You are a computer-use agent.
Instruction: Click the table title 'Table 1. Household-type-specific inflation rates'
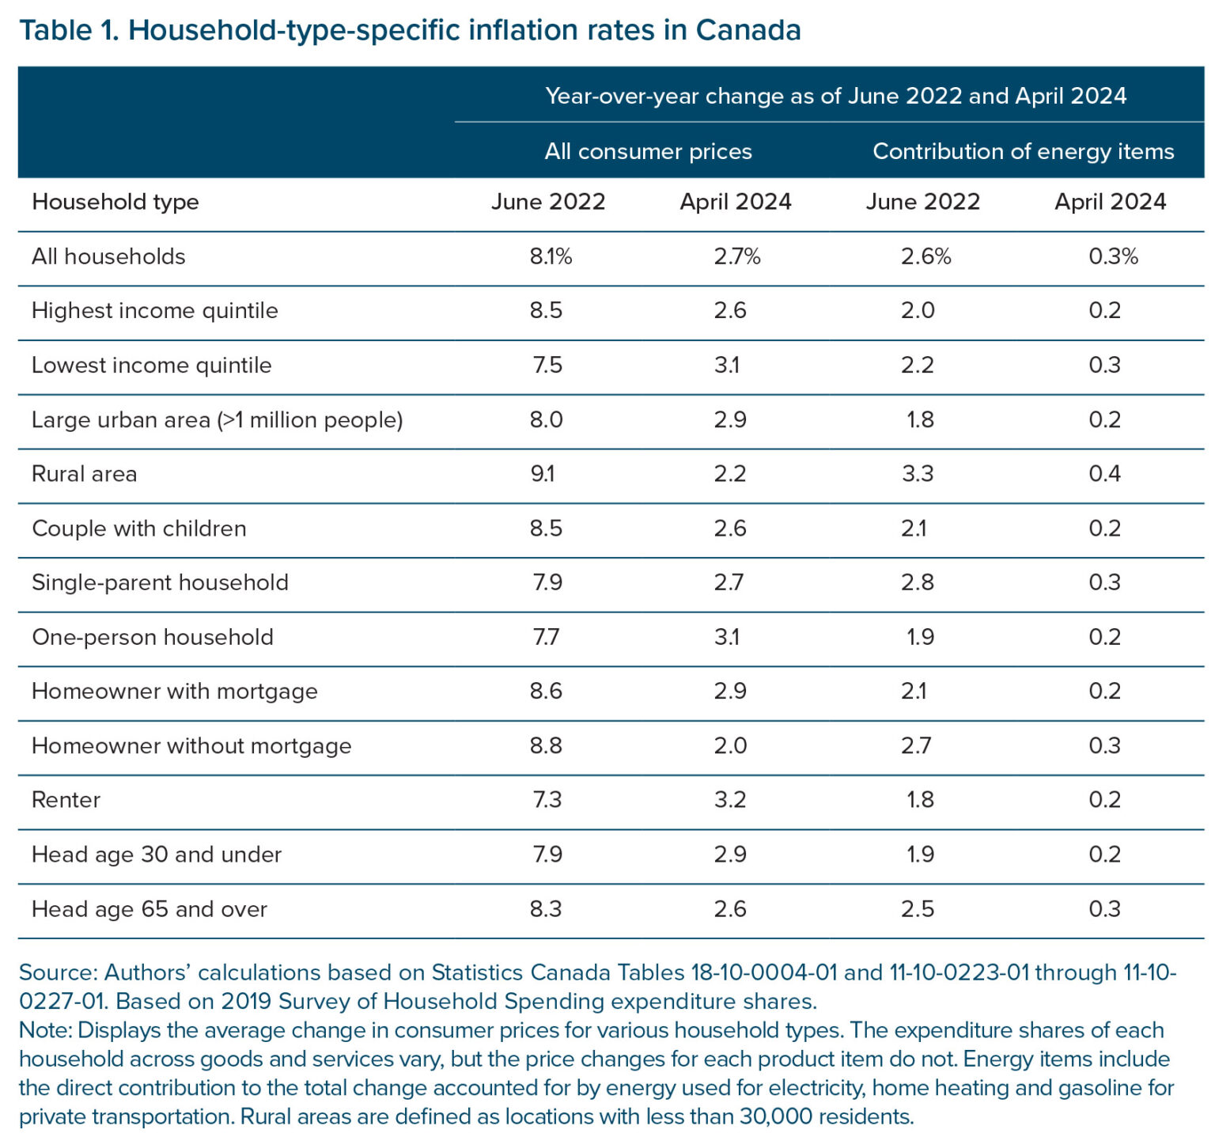pyautogui.click(x=410, y=30)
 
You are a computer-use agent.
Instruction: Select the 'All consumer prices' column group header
pyautogui.click(x=648, y=151)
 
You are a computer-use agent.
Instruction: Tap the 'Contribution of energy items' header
pyautogui.click(x=1023, y=151)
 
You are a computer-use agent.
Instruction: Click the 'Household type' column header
pyautogui.click(x=115, y=202)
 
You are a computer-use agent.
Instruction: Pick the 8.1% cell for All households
pyautogui.click(x=551, y=256)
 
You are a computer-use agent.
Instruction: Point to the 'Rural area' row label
pyautogui.click(x=85, y=474)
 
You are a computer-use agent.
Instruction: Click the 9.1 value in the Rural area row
pyautogui.click(x=543, y=474)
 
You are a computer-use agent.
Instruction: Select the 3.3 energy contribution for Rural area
pyautogui.click(x=917, y=474)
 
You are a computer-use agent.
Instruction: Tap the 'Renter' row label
pyautogui.click(x=66, y=800)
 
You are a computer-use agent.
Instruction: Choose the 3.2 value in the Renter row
pyautogui.click(x=729, y=800)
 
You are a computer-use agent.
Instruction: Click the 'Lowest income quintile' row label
pyautogui.click(x=152, y=366)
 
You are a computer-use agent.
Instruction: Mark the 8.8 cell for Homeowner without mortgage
pyautogui.click(x=546, y=745)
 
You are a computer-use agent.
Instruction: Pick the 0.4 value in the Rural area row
pyautogui.click(x=1104, y=474)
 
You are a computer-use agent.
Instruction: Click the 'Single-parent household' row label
pyautogui.click(x=161, y=582)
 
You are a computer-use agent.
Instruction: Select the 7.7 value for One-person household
pyautogui.click(x=546, y=637)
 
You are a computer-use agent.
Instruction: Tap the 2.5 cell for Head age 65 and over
pyautogui.click(x=917, y=909)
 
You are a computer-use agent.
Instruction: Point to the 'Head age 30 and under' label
pyautogui.click(x=157, y=855)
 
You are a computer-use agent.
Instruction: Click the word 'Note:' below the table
pyautogui.click(x=46, y=1030)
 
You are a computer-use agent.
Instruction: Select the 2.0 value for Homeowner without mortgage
pyautogui.click(x=729, y=745)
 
